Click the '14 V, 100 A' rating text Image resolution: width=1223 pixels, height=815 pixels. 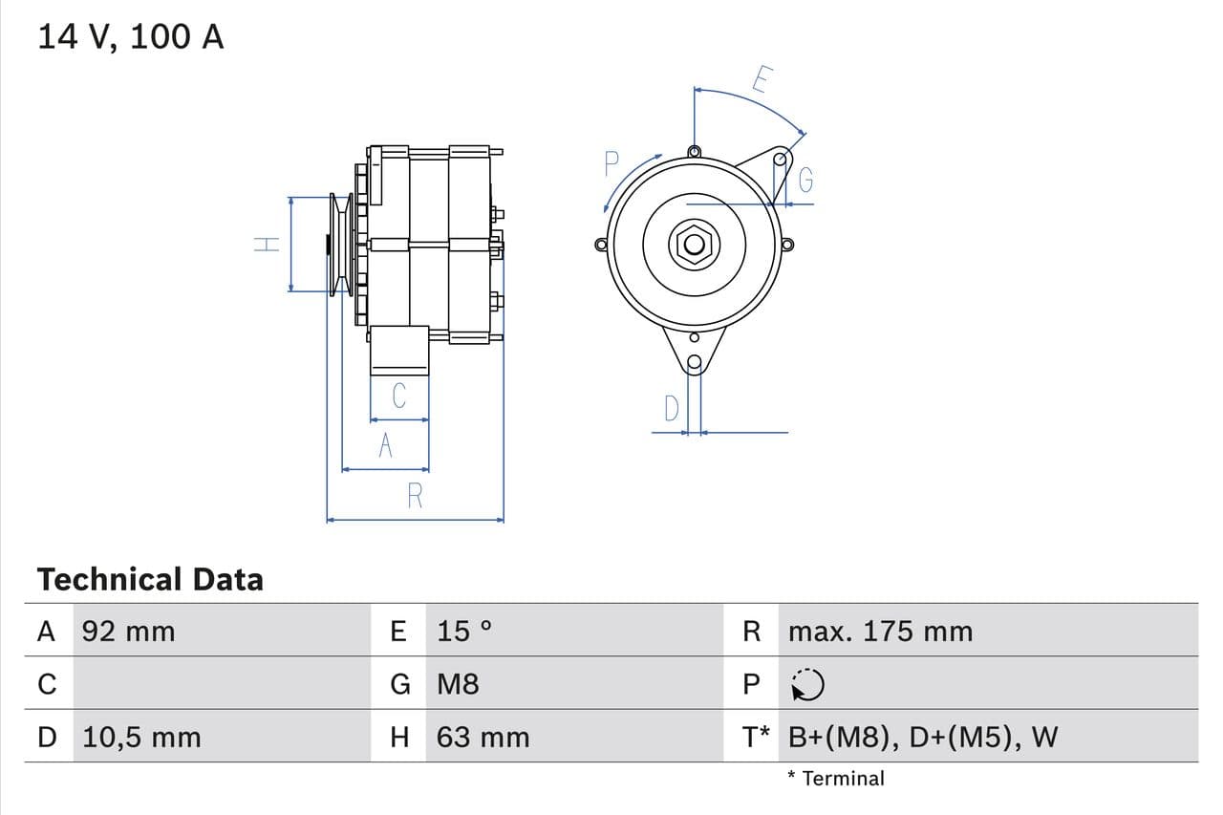[131, 36]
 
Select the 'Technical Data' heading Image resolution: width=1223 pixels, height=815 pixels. [150, 579]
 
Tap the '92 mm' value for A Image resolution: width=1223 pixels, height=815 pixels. [129, 631]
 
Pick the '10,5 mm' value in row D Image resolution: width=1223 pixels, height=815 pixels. [141, 737]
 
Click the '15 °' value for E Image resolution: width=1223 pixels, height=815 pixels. [464, 631]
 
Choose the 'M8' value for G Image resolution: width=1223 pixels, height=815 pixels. [458, 684]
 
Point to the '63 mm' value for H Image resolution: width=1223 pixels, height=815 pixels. [483, 737]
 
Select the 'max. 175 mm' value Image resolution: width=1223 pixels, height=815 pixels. [880, 631]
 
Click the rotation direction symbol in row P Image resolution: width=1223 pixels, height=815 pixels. [807, 684]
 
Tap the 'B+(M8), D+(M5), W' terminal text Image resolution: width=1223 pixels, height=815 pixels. [923, 737]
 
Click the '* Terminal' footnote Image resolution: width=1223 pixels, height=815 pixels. [836, 778]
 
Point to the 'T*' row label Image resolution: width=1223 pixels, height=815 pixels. [756, 737]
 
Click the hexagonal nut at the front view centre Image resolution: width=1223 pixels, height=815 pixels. [695, 245]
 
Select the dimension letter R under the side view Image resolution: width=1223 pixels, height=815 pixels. [415, 496]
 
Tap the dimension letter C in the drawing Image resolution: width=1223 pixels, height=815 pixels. [399, 395]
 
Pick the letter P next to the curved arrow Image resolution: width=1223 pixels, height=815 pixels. [612, 165]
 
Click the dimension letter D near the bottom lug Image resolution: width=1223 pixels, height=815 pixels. [672, 409]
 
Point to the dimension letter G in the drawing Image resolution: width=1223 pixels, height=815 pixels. [805, 180]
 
